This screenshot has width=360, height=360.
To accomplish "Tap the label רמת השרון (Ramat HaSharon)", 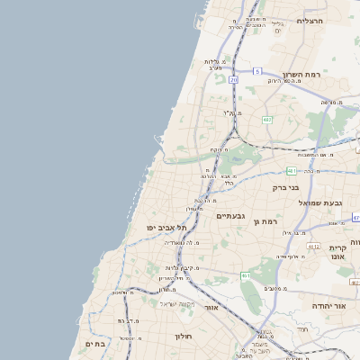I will [x=301, y=75].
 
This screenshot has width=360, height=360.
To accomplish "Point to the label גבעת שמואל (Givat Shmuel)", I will [x=320, y=202].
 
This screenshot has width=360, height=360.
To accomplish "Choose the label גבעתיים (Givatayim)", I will [x=231, y=216].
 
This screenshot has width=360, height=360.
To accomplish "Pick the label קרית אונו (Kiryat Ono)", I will [x=337, y=255].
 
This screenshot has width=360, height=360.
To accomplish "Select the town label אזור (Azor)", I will [x=212, y=308].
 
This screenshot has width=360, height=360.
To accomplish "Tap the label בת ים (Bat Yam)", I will [x=95, y=344].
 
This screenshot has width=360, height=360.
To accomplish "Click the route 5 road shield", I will [x=256, y=71].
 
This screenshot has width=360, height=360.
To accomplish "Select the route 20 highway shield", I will [x=234, y=80].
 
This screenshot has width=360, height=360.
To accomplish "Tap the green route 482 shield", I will [x=266, y=120].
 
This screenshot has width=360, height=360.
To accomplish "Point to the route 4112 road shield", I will [x=313, y=246].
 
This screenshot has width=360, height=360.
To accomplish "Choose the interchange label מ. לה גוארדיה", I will [x=193, y=243].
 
